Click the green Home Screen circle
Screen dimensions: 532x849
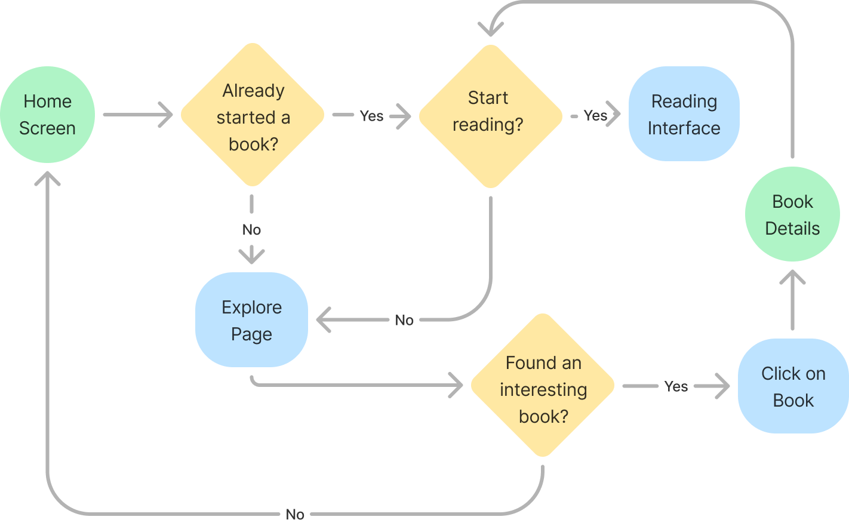(47, 115)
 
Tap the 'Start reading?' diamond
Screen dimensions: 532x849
(490, 116)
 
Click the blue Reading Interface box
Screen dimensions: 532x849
(684, 114)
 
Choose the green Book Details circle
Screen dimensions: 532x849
(792, 214)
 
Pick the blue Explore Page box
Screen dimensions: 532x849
(251, 320)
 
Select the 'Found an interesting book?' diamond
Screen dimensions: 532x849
(543, 386)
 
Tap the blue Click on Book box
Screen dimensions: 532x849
(793, 386)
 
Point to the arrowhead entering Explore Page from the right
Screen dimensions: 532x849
(324, 320)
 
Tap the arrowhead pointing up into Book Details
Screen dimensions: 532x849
(792, 278)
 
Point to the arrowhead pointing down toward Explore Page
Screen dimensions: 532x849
(251, 256)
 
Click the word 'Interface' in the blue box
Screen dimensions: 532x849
(684, 128)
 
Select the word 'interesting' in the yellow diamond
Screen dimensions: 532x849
(543, 390)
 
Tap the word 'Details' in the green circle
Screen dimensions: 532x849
(792, 229)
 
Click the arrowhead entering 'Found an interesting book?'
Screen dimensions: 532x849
(457, 385)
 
